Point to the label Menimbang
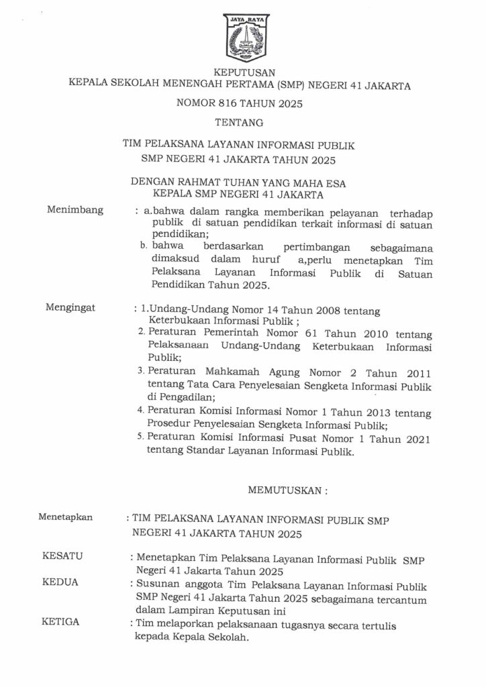point(75,210)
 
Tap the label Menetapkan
point(65,517)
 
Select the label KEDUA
point(60,582)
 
